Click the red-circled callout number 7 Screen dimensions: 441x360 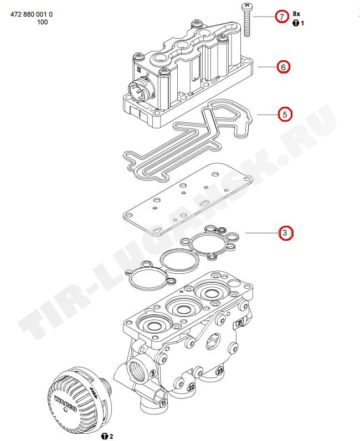click(282, 17)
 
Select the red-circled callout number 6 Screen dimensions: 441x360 click(283, 67)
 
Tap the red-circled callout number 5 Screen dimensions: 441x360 click(285, 115)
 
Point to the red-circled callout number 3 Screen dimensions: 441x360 click(285, 233)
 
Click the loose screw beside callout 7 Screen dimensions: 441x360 click(245, 20)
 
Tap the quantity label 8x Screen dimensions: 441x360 click(296, 13)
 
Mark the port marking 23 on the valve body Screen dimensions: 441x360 click(220, 371)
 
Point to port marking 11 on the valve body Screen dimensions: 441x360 click(163, 404)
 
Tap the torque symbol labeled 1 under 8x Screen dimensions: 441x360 click(296, 23)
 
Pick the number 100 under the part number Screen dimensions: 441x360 click(42, 22)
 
